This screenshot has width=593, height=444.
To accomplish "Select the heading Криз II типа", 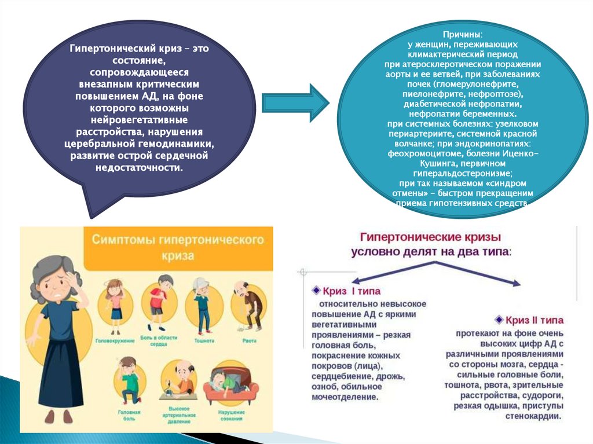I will point(535,320).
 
